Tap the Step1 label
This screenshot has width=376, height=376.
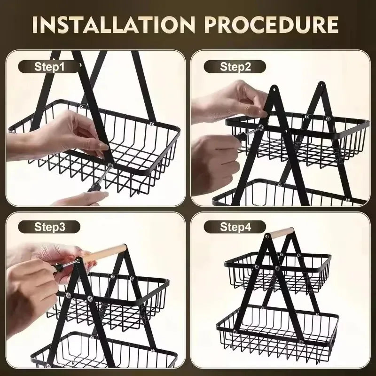click(49, 66)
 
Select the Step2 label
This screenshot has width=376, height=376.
click(235, 66)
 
